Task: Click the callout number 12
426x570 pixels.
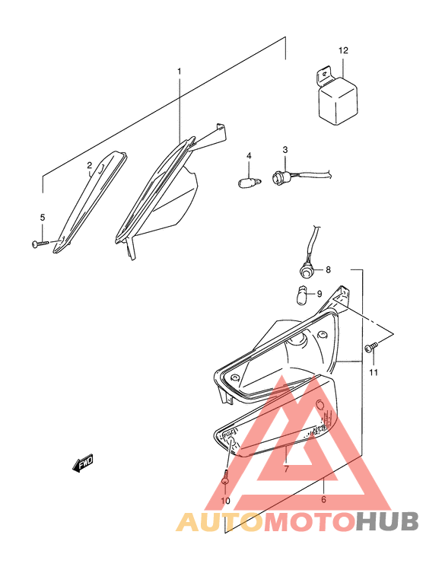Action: click(x=343, y=50)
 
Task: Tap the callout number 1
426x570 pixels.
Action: click(x=180, y=72)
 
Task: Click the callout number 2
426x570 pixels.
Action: click(x=89, y=165)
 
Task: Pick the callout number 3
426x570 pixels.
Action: click(x=285, y=150)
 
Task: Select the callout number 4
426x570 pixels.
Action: click(x=248, y=156)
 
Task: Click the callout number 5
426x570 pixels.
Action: click(x=43, y=218)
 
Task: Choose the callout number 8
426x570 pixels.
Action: click(x=329, y=269)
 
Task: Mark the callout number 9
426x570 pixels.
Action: click(x=319, y=294)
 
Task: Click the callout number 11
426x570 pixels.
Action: click(x=374, y=372)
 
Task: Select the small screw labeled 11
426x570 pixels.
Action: click(x=370, y=348)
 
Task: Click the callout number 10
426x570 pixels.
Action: click(x=225, y=501)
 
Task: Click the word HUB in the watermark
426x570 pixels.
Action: click(x=388, y=522)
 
